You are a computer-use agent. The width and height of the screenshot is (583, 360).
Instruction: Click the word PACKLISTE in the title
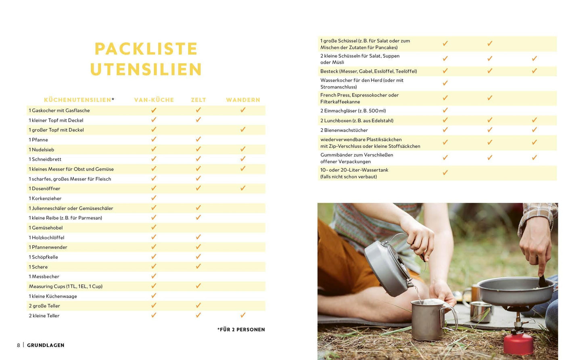(146, 49)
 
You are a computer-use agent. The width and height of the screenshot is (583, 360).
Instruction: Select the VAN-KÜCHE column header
(154, 100)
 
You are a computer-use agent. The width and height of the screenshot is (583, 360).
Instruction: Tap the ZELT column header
(199, 100)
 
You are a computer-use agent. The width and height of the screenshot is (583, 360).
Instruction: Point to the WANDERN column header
(243, 100)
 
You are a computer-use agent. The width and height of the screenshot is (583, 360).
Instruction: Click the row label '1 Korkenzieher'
(45, 199)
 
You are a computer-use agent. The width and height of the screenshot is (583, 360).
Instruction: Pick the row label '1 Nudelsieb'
(42, 150)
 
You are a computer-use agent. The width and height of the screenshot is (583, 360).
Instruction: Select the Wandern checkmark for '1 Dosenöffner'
(243, 188)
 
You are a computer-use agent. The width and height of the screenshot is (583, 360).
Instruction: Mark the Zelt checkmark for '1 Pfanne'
(199, 139)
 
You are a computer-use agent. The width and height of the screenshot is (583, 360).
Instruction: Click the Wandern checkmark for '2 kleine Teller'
(243, 315)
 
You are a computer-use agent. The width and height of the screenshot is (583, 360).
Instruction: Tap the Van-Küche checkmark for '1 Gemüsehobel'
(154, 227)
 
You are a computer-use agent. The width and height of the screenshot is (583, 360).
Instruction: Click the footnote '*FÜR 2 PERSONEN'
(241, 330)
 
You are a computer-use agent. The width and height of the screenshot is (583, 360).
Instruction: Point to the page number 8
(19, 345)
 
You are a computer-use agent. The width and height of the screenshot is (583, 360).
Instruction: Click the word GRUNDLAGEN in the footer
(46, 345)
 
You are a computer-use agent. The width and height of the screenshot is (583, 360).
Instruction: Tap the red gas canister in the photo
(519, 343)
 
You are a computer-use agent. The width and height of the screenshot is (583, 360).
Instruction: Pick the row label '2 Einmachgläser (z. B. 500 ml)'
(353, 111)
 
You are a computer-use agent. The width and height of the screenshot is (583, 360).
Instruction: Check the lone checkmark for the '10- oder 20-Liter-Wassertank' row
(445, 173)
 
